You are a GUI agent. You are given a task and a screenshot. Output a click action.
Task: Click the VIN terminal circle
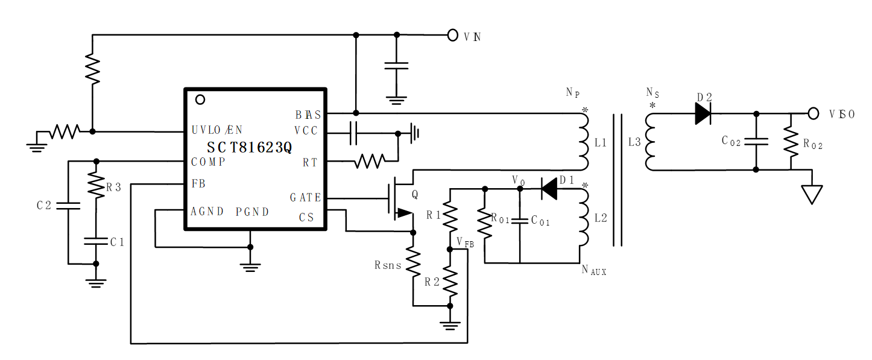pos(453,36)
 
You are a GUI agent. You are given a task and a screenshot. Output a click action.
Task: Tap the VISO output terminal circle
pos(814,113)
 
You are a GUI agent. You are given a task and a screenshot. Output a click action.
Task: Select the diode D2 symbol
pos(703,113)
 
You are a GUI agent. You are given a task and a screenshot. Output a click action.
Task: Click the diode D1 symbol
pos(548,189)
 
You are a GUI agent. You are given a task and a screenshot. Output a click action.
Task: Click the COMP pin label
pos(208,162)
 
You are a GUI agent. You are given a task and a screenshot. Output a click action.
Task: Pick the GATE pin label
pos(305,198)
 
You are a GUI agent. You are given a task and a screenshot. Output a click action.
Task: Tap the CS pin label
pos(306,217)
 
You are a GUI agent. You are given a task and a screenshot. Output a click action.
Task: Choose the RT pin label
pos(310,162)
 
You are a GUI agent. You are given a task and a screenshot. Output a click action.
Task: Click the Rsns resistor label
pos(388,265)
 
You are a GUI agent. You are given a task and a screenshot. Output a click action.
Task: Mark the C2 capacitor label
pos(44,205)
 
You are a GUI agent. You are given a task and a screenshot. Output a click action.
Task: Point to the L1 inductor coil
pos(583,142)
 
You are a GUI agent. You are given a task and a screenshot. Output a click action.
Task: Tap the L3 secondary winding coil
pos(650,142)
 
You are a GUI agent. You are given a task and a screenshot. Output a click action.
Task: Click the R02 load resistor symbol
pos(790,142)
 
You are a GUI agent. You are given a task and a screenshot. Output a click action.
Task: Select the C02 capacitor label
pos(731,141)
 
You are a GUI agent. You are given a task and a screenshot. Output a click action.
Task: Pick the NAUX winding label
pos(594,271)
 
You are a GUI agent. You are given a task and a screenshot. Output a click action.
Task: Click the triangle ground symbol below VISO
pos(813,194)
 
